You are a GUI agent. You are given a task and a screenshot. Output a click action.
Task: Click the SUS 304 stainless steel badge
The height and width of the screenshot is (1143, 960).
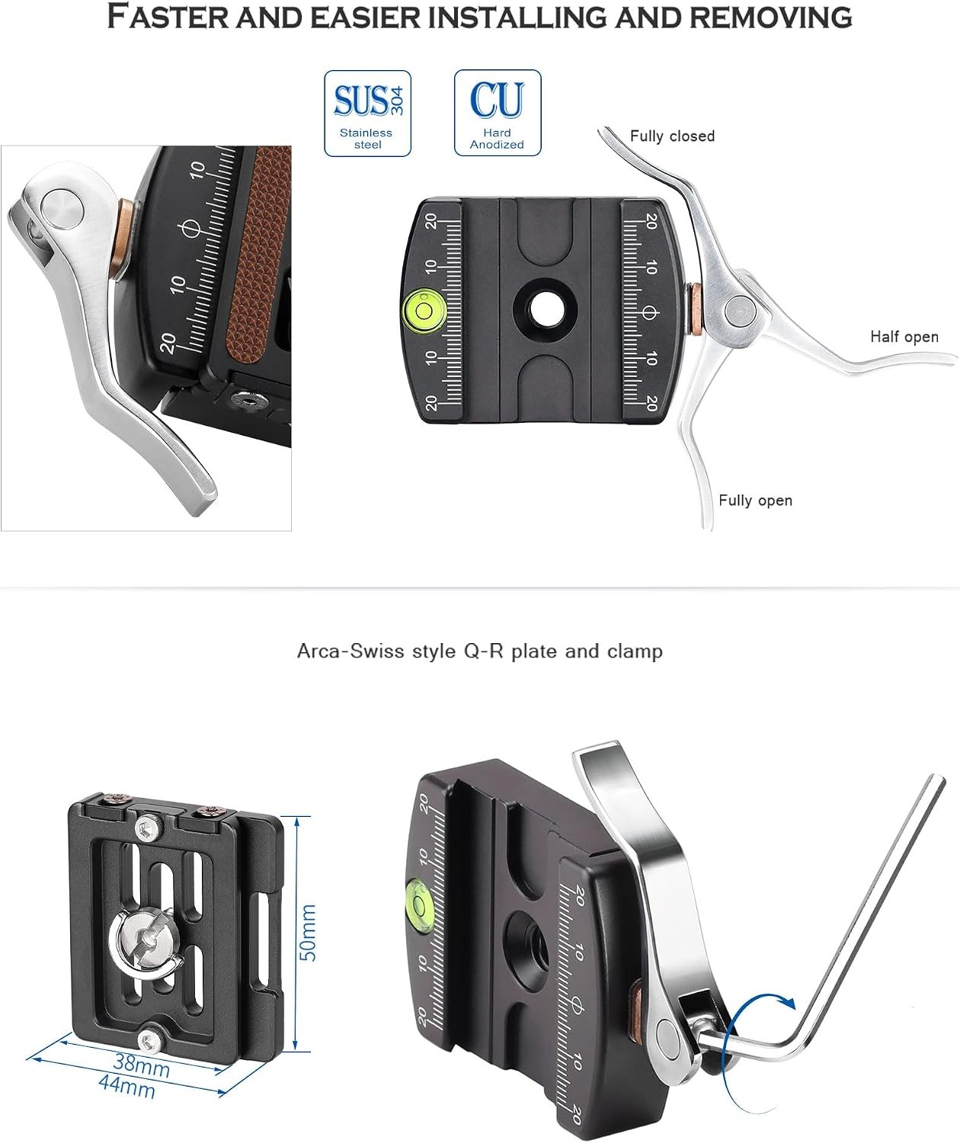click(367, 114)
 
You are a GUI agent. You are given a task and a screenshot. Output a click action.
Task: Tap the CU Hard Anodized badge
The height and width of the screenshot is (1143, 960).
click(498, 113)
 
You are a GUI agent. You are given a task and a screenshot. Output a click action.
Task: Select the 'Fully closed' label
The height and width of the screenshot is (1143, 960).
click(672, 136)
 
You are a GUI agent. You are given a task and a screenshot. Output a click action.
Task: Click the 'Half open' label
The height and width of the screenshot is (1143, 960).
click(904, 337)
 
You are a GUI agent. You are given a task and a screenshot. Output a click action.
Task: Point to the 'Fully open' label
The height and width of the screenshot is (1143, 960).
click(755, 501)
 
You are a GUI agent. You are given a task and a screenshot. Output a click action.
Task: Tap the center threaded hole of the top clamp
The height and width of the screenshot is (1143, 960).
click(545, 311)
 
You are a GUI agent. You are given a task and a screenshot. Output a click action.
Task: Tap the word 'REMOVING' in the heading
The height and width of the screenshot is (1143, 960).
click(770, 18)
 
